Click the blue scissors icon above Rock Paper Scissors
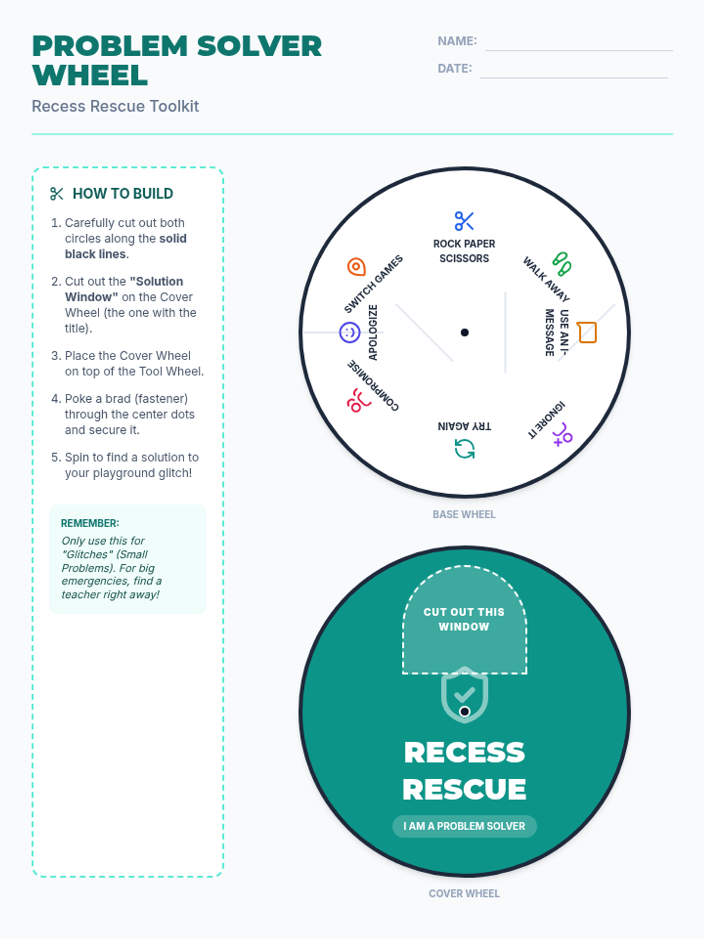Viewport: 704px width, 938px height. tap(464, 221)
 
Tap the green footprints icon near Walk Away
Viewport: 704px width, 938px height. tap(561, 264)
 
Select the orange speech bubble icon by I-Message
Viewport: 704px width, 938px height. tap(587, 332)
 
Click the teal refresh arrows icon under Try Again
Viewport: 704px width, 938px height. tap(465, 449)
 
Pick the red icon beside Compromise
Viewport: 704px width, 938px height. tap(358, 400)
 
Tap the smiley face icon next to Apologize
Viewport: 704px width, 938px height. tap(350, 332)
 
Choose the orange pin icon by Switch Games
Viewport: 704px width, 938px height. tap(356, 267)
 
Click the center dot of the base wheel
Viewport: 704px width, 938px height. tap(465, 332)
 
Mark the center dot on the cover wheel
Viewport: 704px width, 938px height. tap(465, 712)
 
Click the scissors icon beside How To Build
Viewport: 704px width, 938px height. tap(57, 194)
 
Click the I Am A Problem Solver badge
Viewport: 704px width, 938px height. tap(464, 826)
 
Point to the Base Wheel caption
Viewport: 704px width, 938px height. tap(464, 514)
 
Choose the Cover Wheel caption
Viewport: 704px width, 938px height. tap(464, 893)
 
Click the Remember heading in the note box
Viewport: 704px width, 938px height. tap(90, 523)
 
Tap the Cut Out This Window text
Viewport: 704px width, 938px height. tap(464, 619)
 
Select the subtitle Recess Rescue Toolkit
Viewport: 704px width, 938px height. tap(116, 106)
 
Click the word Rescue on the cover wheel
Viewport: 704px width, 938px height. tap(464, 789)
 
